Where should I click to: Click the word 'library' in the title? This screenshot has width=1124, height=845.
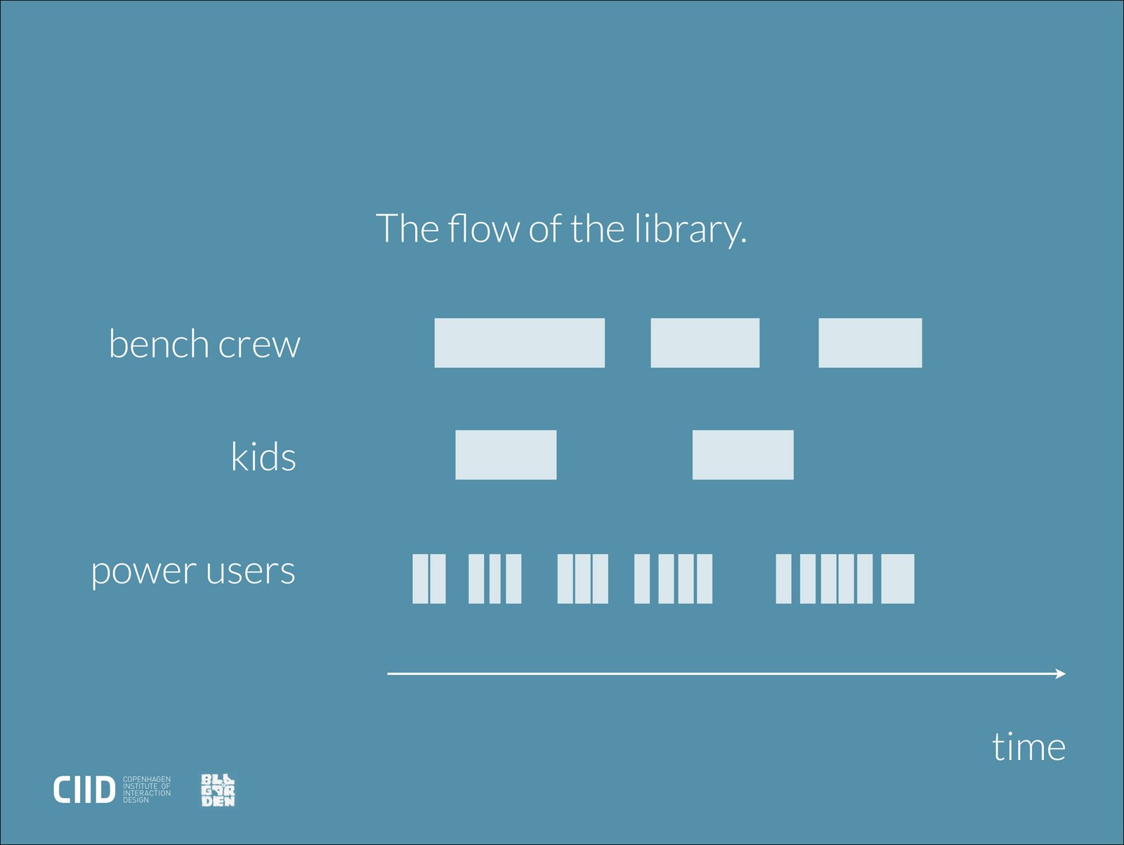691,230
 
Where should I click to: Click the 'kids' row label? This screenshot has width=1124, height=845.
263,455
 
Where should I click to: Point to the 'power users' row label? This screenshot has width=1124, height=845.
193,571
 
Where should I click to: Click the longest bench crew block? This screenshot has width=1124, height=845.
519,343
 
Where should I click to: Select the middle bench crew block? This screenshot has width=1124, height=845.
705,343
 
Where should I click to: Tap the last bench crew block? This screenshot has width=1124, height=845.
870,343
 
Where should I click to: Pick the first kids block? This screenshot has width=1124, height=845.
505,455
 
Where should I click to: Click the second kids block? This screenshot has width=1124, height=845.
743,455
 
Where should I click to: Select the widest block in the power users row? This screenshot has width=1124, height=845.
898,579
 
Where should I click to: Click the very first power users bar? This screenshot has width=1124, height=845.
420,579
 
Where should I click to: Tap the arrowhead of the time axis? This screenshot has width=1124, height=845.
1061,674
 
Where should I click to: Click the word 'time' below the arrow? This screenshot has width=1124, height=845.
1028,747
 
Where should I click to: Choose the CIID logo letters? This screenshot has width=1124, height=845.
84,790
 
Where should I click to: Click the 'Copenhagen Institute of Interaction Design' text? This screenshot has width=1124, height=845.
146,790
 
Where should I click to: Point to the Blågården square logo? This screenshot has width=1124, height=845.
218,790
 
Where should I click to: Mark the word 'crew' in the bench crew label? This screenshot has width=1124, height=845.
259,346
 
